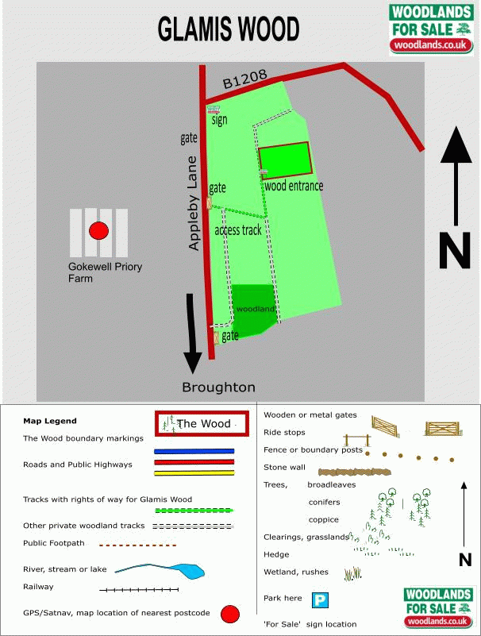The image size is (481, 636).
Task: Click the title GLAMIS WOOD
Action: click(x=229, y=29)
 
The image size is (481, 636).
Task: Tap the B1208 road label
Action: click(x=243, y=79)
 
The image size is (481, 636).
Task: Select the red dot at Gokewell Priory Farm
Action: click(x=98, y=231)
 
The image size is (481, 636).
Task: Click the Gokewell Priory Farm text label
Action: click(x=106, y=272)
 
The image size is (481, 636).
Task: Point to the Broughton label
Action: click(x=218, y=387)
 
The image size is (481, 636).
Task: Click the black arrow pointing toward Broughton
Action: click(x=192, y=333)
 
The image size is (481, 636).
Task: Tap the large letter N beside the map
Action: click(x=455, y=249)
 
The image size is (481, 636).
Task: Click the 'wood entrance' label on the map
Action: click(x=294, y=186)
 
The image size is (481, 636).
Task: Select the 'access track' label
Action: click(x=238, y=230)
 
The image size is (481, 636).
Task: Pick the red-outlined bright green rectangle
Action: click(x=284, y=160)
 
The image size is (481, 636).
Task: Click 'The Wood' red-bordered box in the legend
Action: click(x=203, y=424)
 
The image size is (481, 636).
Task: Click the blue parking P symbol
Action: click(x=319, y=600)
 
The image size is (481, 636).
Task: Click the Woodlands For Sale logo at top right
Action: click(x=429, y=29)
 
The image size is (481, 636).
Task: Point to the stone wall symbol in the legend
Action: click(x=356, y=471)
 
